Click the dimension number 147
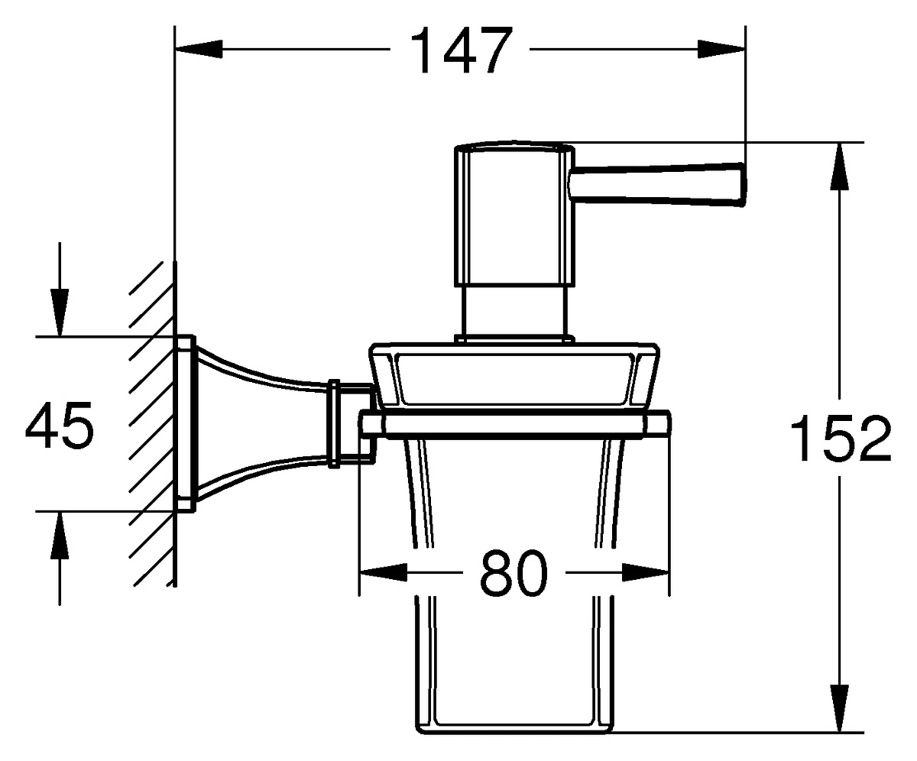(461, 50)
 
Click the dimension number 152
(840, 438)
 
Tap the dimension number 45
(60, 426)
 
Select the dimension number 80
(514, 573)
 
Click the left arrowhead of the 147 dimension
(199, 49)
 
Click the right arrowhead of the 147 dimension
(721, 49)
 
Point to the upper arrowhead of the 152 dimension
(839, 166)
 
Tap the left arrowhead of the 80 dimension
(384, 573)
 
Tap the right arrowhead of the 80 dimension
(646, 573)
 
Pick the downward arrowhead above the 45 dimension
(60, 312)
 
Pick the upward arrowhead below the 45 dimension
(60, 536)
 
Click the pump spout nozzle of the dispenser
(657, 184)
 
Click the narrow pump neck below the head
(514, 310)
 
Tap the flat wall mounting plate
(186, 424)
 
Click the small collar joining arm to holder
(334, 424)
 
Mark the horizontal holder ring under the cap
(515, 424)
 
